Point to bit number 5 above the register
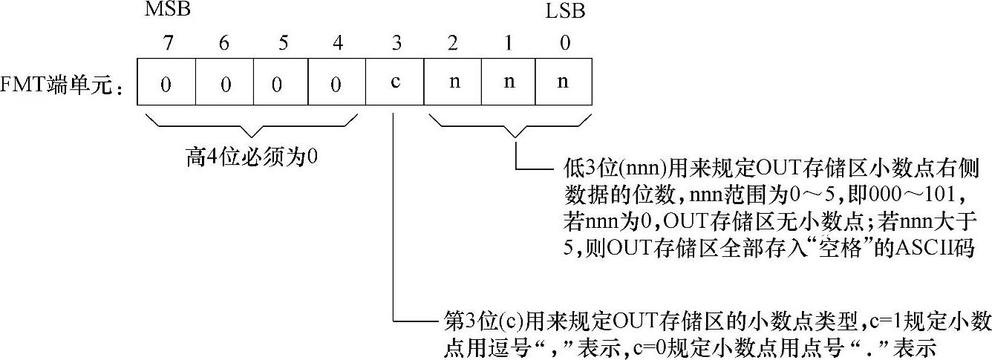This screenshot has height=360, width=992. tap(281, 44)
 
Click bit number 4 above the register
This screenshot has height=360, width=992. tap(339, 44)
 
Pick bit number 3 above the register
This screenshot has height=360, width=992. tap(396, 44)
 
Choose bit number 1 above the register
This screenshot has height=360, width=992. tap(509, 44)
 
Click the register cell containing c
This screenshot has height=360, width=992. tap(395, 82)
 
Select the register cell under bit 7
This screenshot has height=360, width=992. tap(166, 82)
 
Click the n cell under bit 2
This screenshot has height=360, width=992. tap(452, 82)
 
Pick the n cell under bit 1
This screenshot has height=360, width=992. tap(509, 82)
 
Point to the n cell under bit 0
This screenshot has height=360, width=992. tap(564, 82)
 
